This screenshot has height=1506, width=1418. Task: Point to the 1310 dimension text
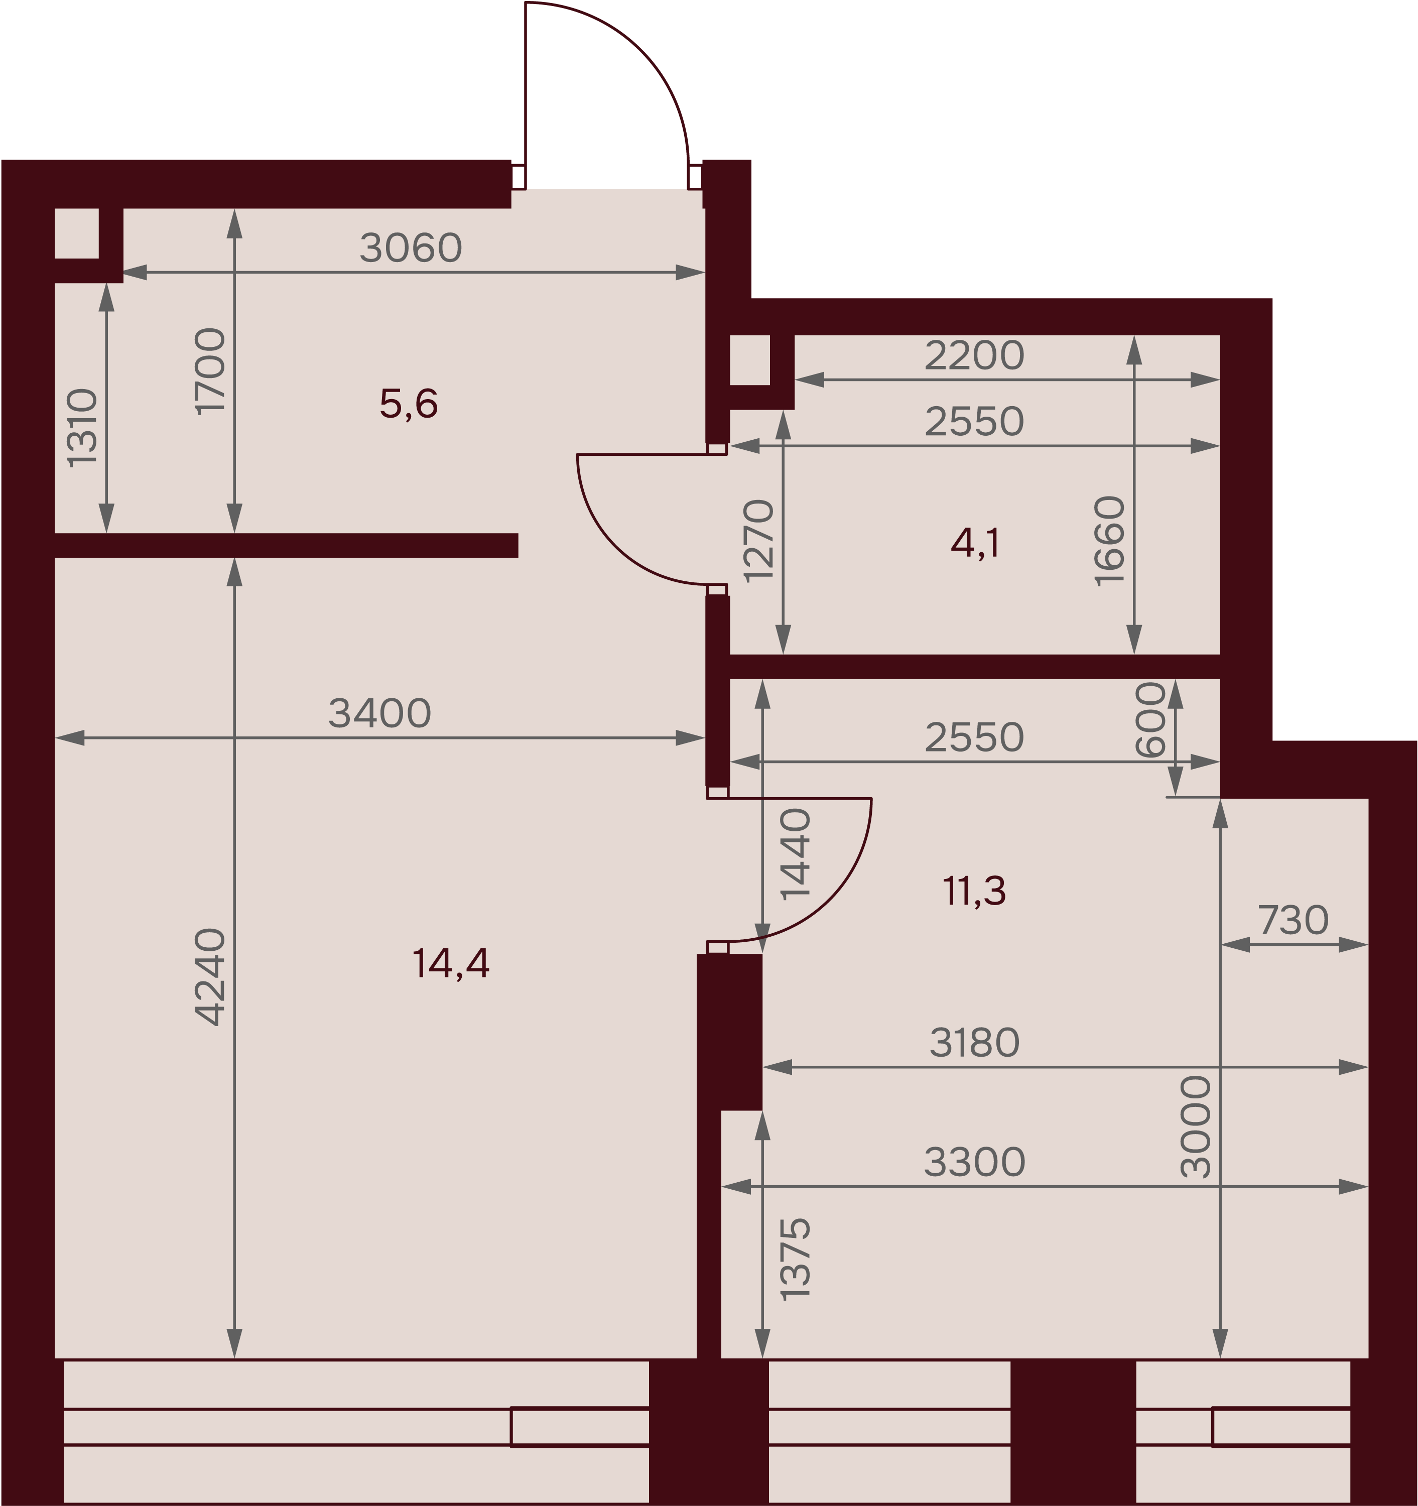(x=82, y=428)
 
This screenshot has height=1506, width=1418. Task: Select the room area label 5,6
(x=409, y=404)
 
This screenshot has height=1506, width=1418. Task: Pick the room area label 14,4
(x=451, y=964)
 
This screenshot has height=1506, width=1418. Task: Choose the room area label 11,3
(x=975, y=891)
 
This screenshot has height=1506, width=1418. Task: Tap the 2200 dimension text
(x=975, y=355)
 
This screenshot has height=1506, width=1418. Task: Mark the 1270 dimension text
(x=759, y=541)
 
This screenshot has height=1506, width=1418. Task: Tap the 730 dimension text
(x=1294, y=921)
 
